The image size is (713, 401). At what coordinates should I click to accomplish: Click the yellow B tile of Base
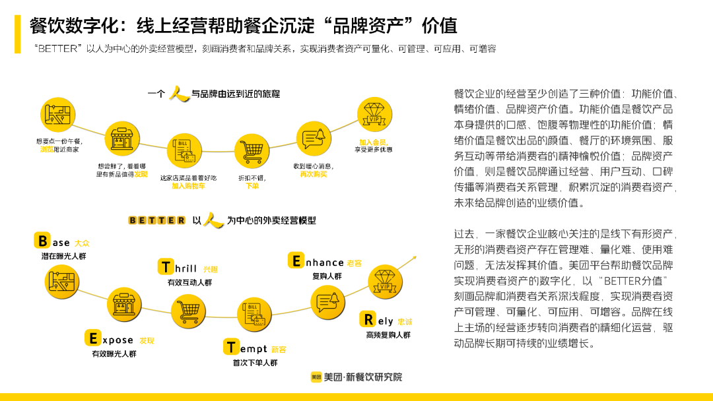point(42,241)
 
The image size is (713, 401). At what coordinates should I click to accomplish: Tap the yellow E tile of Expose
point(92,339)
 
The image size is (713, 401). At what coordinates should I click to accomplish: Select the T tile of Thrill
point(166,267)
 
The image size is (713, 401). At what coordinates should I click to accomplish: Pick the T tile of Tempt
point(231,347)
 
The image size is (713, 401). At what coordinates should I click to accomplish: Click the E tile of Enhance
point(296,261)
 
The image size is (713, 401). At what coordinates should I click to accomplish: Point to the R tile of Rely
point(367,320)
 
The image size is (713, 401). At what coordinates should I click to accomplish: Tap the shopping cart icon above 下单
point(252,152)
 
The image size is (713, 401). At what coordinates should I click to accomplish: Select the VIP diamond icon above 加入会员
point(375,113)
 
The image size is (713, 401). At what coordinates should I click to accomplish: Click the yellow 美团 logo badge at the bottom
point(316,377)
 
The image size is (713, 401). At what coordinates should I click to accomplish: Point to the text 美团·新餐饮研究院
point(362,377)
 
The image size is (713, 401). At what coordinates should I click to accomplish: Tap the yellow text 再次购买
point(313,174)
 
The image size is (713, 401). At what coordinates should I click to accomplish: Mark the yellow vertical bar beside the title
point(18,35)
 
